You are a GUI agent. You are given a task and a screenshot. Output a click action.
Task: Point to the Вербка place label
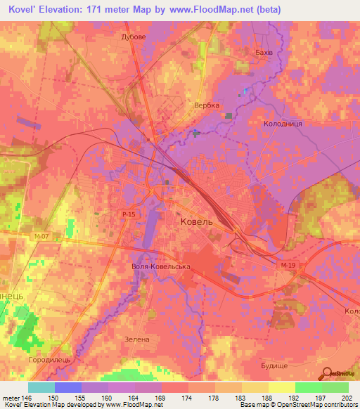tap(207, 105)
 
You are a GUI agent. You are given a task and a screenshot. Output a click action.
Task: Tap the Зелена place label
tap(138, 339)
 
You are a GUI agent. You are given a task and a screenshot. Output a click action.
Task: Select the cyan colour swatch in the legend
tap(41, 387)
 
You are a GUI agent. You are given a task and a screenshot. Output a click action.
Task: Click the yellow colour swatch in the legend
tap(281, 387)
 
